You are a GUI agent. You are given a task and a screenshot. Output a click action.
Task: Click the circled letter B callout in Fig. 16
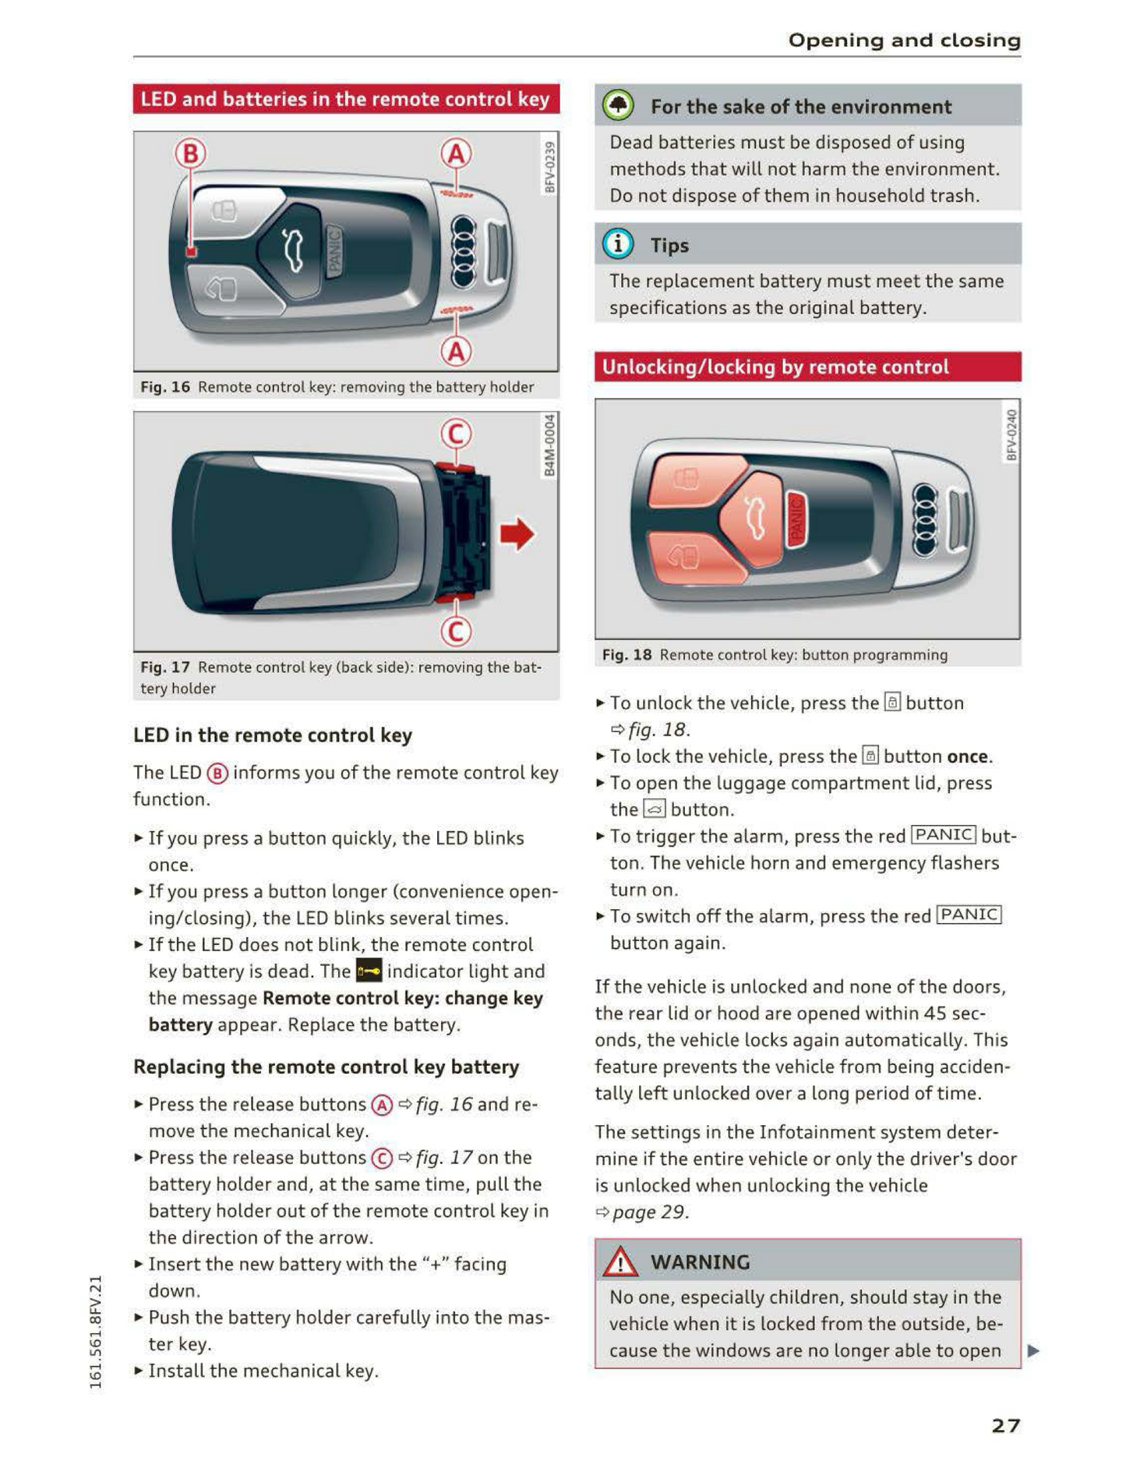coord(190,154)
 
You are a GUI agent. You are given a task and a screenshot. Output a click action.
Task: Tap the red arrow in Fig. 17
coord(517,534)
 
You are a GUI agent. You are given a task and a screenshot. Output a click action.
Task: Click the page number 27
coord(1005,1425)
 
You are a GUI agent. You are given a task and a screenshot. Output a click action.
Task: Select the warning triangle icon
coord(620,1262)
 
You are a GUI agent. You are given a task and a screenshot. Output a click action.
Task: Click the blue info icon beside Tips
coord(618,245)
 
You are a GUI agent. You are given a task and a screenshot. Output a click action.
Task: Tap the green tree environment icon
coord(619,106)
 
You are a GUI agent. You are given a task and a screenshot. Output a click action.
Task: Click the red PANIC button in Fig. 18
coord(796,519)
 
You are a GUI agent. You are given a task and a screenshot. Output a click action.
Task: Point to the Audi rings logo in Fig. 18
coord(925,519)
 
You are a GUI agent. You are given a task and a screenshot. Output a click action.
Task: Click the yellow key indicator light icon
coord(369,971)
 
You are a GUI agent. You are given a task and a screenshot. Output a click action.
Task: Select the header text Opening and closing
coord(904,40)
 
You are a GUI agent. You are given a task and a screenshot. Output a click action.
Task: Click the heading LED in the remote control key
coord(272,735)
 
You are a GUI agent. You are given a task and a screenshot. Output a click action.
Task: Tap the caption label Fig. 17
coord(164,667)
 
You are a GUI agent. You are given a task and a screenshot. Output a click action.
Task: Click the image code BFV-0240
coord(1011,435)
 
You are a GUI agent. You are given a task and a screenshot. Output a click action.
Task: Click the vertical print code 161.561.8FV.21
coord(96,1332)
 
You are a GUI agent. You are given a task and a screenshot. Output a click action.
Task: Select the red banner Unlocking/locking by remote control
coord(807,366)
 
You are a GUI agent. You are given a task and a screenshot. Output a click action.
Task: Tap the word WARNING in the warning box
coord(700,1262)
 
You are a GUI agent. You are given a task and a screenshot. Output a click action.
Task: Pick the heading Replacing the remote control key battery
coord(326,1067)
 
